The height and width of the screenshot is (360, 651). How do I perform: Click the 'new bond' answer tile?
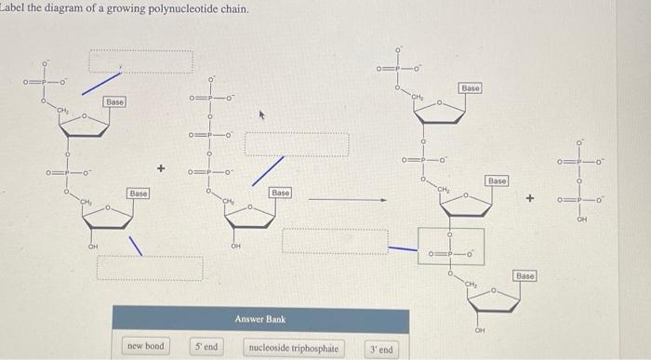pyautogui.click(x=145, y=346)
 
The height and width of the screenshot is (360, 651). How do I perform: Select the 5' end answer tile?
pyautogui.click(x=206, y=346)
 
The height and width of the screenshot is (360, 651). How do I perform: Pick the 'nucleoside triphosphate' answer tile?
pyautogui.click(x=293, y=347)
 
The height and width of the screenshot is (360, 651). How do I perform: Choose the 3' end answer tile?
pyautogui.click(x=380, y=350)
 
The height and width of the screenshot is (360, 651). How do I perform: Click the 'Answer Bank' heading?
pyautogui.click(x=259, y=319)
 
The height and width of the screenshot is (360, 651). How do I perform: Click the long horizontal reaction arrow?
pyautogui.click(x=347, y=198)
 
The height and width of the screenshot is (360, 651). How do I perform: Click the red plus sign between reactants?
pyautogui.click(x=161, y=168)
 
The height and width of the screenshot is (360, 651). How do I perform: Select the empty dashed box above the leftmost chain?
pyautogui.click(x=140, y=59)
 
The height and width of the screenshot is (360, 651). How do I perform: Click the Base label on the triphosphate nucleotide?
pyautogui.click(x=279, y=192)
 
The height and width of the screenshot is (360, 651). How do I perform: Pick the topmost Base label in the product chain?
pyautogui.click(x=470, y=87)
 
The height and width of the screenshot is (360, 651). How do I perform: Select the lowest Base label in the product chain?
pyautogui.click(x=525, y=277)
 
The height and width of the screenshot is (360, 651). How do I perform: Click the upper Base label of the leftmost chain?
pyautogui.click(x=115, y=100)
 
